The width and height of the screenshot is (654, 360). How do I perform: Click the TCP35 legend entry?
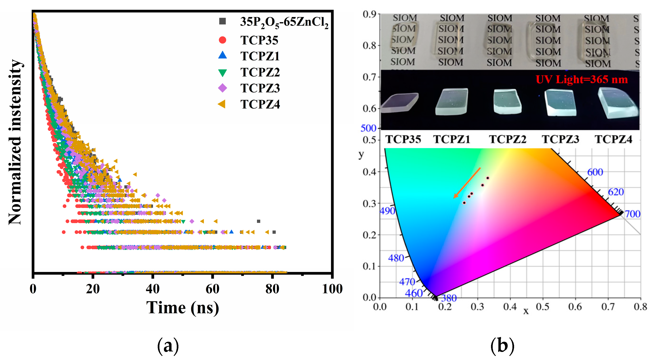[x=259, y=40]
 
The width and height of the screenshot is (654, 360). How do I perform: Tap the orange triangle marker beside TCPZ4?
[x=222, y=104]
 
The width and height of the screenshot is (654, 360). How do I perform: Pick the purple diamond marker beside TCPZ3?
[x=222, y=88]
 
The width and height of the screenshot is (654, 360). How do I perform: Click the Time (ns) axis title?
[x=182, y=308]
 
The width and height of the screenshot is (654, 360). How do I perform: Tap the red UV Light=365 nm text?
[x=581, y=80]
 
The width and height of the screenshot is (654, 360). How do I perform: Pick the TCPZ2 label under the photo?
[x=507, y=139]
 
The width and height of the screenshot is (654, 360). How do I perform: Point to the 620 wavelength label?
[x=616, y=192]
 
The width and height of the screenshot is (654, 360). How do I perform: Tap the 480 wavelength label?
[x=396, y=258]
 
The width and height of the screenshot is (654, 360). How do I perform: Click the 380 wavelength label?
[x=449, y=298]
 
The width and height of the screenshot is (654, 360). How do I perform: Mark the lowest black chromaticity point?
[x=464, y=203]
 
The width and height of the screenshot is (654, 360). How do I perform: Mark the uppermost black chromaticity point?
[x=487, y=178]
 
